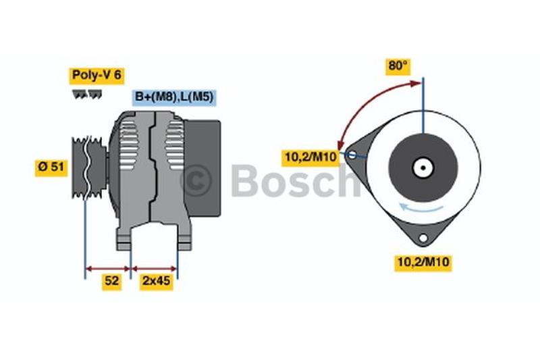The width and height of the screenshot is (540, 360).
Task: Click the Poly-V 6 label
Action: coord(97,76)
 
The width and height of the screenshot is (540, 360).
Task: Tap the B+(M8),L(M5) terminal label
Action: coord(174,97)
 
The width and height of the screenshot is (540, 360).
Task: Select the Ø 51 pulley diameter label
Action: coord(51,168)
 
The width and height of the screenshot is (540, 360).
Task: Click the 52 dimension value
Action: coord(111,281)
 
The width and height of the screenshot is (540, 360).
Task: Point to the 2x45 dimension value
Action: coord(156,281)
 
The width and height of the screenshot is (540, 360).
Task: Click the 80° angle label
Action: coord(398,66)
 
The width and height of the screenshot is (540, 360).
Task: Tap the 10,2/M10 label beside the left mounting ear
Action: coord(310,157)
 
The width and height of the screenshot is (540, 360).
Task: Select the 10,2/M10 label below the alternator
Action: coord(423,263)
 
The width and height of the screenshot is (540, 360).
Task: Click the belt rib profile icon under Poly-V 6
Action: coord(87,94)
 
